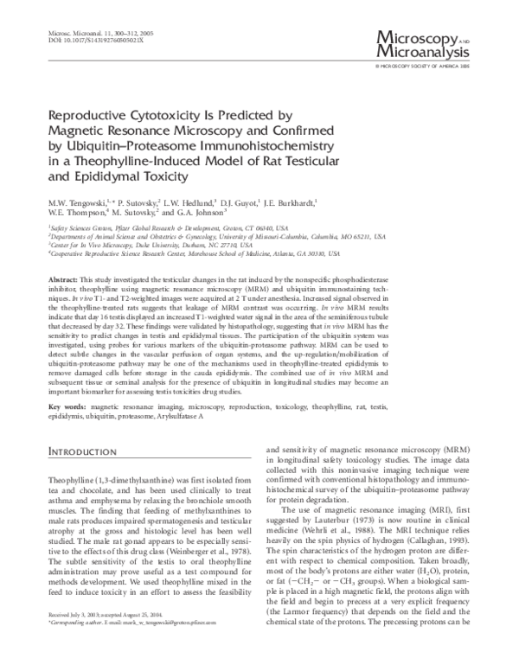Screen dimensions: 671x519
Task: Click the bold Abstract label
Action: point(63,281)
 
